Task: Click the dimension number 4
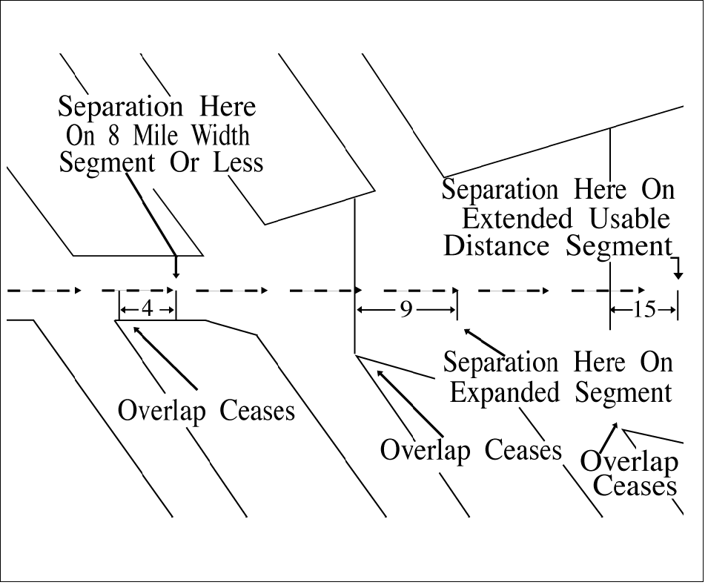click(147, 309)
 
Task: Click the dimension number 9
click(406, 309)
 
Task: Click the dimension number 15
click(644, 309)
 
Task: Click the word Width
click(221, 136)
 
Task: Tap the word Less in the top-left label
click(238, 162)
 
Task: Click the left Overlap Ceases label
click(206, 410)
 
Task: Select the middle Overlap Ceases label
click(470, 449)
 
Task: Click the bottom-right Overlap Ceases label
click(629, 474)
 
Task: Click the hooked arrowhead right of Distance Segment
click(678, 275)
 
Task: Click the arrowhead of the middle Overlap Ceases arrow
click(380, 372)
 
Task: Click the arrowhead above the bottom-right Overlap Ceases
click(615, 426)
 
